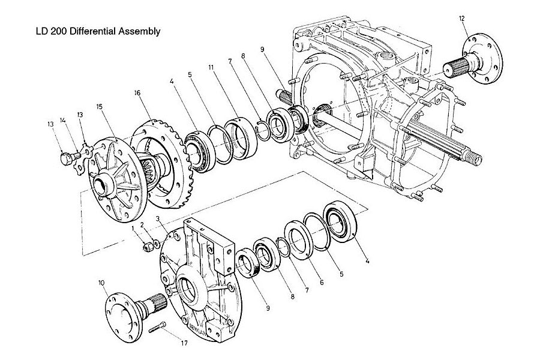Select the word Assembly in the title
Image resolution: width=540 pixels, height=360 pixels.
tap(140, 31)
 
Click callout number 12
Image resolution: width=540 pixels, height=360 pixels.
tap(462, 19)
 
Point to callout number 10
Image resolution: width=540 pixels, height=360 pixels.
tap(102, 282)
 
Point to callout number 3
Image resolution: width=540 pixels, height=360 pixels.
tap(157, 220)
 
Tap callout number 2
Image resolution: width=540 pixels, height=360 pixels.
tap(142, 224)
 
